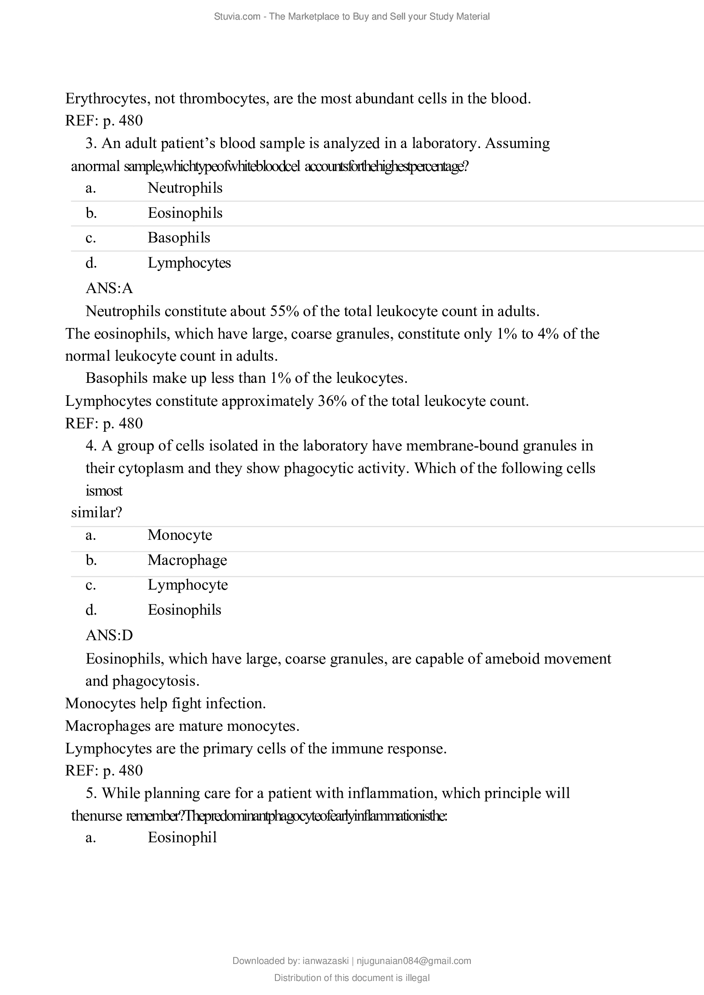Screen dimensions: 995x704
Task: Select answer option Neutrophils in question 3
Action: (185, 188)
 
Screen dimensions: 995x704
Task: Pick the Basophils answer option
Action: (179, 238)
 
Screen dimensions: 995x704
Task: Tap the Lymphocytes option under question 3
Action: (189, 263)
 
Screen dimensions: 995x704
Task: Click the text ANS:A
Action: (109, 288)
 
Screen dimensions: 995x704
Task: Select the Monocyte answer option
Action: (180, 535)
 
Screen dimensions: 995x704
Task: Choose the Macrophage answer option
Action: (187, 560)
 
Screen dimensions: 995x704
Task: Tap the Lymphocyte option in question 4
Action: (188, 585)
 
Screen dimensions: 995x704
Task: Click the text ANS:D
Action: (109, 636)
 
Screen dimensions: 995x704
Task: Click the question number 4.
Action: (91, 446)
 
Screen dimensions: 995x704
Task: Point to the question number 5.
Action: (91, 793)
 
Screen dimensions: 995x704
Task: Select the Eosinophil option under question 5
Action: (182, 838)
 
